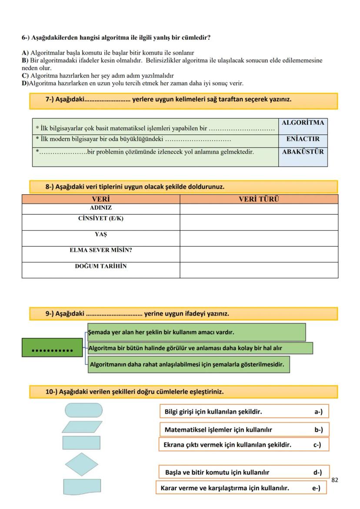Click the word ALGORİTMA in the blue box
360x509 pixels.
303,123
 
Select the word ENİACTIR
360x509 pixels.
303,139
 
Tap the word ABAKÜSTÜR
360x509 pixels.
303,152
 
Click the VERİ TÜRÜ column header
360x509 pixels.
259,199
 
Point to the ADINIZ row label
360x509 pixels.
100,208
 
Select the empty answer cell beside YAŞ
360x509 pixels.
259,238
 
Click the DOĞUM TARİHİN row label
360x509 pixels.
101,266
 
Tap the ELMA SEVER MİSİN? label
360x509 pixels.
101,250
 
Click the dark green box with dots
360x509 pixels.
52,348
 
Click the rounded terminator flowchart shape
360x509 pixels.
83,410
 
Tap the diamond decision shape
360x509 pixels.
82,464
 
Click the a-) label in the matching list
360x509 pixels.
319,412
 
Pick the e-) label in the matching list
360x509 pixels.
316,488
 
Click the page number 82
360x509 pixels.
334,480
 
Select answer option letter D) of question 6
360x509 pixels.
25,83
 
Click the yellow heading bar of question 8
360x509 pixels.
183,187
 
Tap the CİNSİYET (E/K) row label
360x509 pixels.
101,219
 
